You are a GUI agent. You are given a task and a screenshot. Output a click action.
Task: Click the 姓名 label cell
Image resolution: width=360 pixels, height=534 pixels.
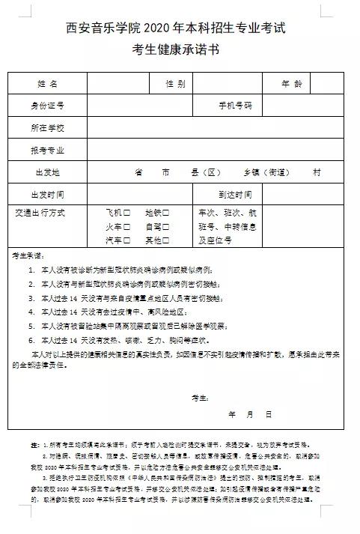[47, 83]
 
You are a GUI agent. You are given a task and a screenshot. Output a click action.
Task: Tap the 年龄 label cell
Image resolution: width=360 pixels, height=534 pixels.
[292, 83]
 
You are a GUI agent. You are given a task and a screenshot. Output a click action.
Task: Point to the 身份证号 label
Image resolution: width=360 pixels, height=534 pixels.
[47, 105]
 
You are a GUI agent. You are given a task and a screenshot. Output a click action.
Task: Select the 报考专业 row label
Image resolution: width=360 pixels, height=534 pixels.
[47, 150]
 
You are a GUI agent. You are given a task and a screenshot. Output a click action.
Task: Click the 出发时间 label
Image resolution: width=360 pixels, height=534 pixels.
[47, 194]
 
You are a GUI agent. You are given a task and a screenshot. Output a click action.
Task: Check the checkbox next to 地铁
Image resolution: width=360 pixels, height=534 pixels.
[166, 213]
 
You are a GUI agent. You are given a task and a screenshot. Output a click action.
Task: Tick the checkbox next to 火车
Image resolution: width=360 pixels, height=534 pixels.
[127, 226]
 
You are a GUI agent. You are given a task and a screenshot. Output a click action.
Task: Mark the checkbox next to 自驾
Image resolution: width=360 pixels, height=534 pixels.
[166, 226]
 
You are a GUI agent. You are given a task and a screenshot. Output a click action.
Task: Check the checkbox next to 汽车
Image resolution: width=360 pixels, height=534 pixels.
[127, 240]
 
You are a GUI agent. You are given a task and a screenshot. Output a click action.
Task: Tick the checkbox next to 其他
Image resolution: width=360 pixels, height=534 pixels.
[166, 240]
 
